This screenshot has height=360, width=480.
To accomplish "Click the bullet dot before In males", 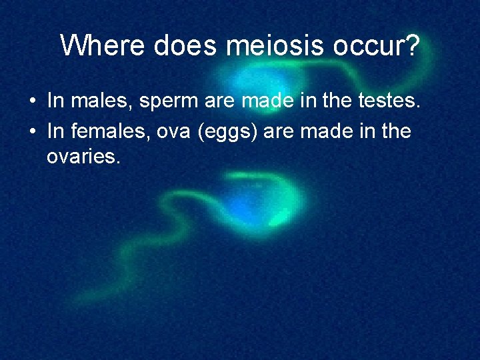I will click(x=32, y=103).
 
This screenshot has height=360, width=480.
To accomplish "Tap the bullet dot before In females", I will click(x=32, y=132).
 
